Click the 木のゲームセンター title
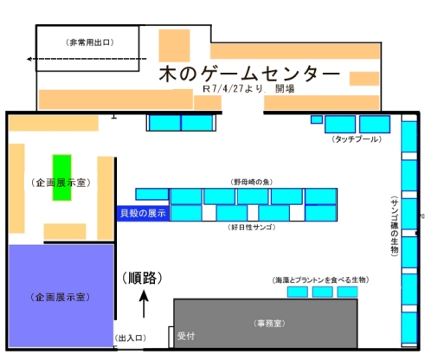tap(249, 74)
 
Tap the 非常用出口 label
tap(90, 42)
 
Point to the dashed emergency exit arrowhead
tap(29, 59)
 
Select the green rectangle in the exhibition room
tap(61, 177)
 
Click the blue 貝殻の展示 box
tap(143, 214)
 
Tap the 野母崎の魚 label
tap(252, 182)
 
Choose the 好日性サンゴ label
tap(252, 228)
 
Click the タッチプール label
tap(357, 139)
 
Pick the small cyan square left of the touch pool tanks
tap(317, 119)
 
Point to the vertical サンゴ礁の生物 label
tap(394, 226)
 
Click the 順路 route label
tap(142, 278)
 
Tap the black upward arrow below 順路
tap(144, 304)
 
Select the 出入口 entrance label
tap(131, 338)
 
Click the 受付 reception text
tap(186, 336)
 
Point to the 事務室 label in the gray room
tap(269, 324)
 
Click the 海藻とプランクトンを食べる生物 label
tap(320, 280)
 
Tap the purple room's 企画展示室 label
tap(60, 297)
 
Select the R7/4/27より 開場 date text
tap(248, 88)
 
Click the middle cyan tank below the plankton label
tap(322, 292)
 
